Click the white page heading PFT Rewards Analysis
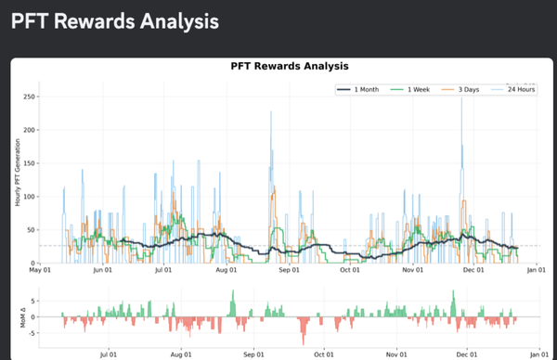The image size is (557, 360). pos(115,19)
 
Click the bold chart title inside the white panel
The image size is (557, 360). pos(289,66)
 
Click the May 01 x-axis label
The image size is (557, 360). pos(41,272)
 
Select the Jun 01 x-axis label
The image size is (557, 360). pos(103,272)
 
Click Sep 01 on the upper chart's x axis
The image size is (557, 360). pos(289,272)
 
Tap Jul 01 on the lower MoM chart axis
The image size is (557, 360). pos(108,354)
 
